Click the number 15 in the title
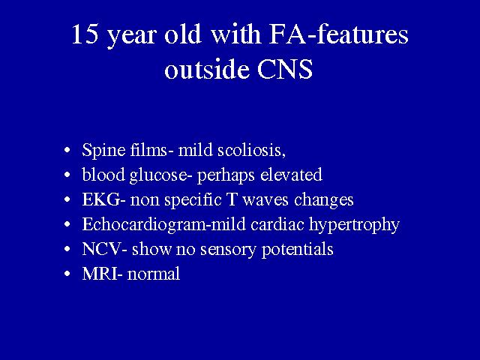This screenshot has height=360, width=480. [x=85, y=34]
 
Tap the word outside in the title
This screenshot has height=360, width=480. [x=207, y=68]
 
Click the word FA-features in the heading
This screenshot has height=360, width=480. [x=338, y=34]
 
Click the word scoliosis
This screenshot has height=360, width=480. [x=251, y=150]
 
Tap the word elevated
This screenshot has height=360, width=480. [x=291, y=175]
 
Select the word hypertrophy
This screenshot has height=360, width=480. [x=354, y=225]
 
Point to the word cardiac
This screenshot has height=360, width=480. [x=277, y=224]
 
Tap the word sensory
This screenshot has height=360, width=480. [x=228, y=250]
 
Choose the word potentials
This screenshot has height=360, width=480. [x=297, y=250]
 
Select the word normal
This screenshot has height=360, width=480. [x=153, y=273]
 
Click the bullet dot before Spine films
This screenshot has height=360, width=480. [x=67, y=151]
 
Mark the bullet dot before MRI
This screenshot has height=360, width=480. [x=67, y=274]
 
